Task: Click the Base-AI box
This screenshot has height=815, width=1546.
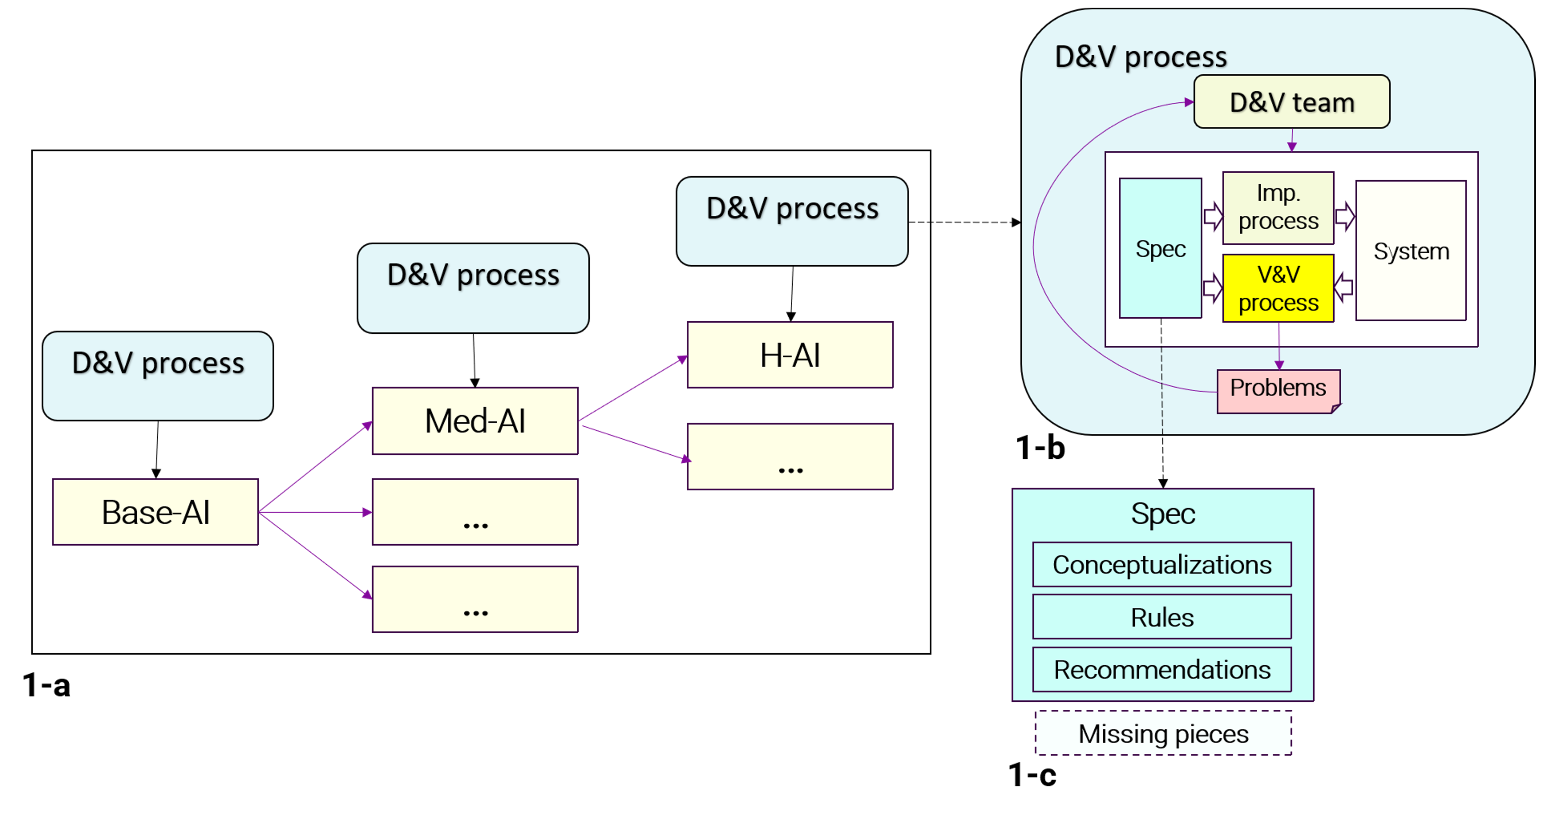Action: tap(156, 512)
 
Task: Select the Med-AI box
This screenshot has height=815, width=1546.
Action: tap(475, 421)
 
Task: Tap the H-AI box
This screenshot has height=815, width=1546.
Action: tap(790, 355)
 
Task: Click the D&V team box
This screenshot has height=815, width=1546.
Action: tap(1291, 101)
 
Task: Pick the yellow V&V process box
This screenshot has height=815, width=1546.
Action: tap(1278, 288)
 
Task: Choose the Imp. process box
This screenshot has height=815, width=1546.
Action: tap(1278, 208)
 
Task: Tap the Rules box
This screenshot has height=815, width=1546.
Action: tap(1162, 617)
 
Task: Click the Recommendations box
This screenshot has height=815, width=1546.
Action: tap(1162, 669)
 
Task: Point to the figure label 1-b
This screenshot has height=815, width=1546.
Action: tap(1040, 448)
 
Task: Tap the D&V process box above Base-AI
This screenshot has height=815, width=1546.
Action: tap(158, 376)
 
